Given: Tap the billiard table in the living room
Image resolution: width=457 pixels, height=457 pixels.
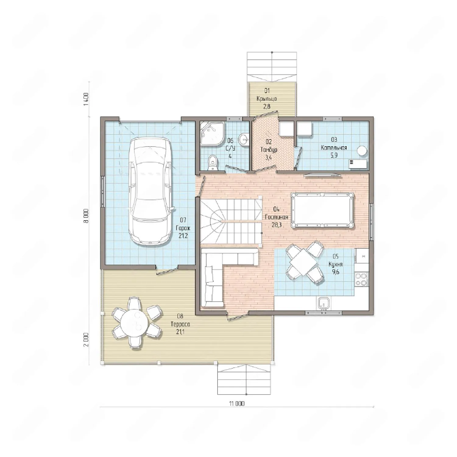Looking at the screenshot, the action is (x=323, y=210).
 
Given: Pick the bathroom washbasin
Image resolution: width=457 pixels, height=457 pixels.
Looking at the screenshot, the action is (x=244, y=140).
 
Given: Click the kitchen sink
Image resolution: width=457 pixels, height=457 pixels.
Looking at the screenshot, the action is (x=323, y=303).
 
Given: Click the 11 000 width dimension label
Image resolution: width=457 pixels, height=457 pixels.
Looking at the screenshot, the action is (x=237, y=404).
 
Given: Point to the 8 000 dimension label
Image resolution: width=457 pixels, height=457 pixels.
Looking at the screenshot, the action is (x=86, y=216).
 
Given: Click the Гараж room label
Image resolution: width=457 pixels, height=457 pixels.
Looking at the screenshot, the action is (x=183, y=228).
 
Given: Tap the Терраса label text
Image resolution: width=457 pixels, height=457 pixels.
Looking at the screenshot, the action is (x=180, y=324).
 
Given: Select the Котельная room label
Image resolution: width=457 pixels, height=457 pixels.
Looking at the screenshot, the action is (x=334, y=148).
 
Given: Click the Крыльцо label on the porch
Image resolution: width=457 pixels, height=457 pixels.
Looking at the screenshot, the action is (x=267, y=99).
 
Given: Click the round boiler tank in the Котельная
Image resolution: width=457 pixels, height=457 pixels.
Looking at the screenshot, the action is (x=362, y=151).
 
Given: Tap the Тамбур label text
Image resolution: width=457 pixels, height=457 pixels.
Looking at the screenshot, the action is (x=269, y=150).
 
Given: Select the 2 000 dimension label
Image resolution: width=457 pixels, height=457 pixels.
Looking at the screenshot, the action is (x=86, y=339).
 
